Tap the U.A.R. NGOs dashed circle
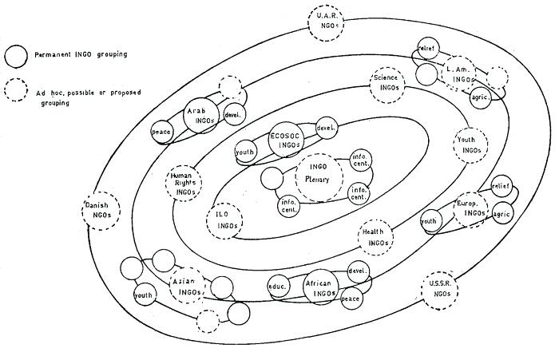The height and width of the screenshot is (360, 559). coord(327,22)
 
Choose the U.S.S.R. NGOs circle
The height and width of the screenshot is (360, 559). coord(438,291)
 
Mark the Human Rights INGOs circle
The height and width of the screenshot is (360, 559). coord(184,185)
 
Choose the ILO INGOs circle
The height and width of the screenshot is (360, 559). coord(224,220)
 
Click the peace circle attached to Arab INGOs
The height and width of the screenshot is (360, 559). coord(163,131)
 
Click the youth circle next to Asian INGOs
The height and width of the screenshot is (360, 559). coord(144,296)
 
